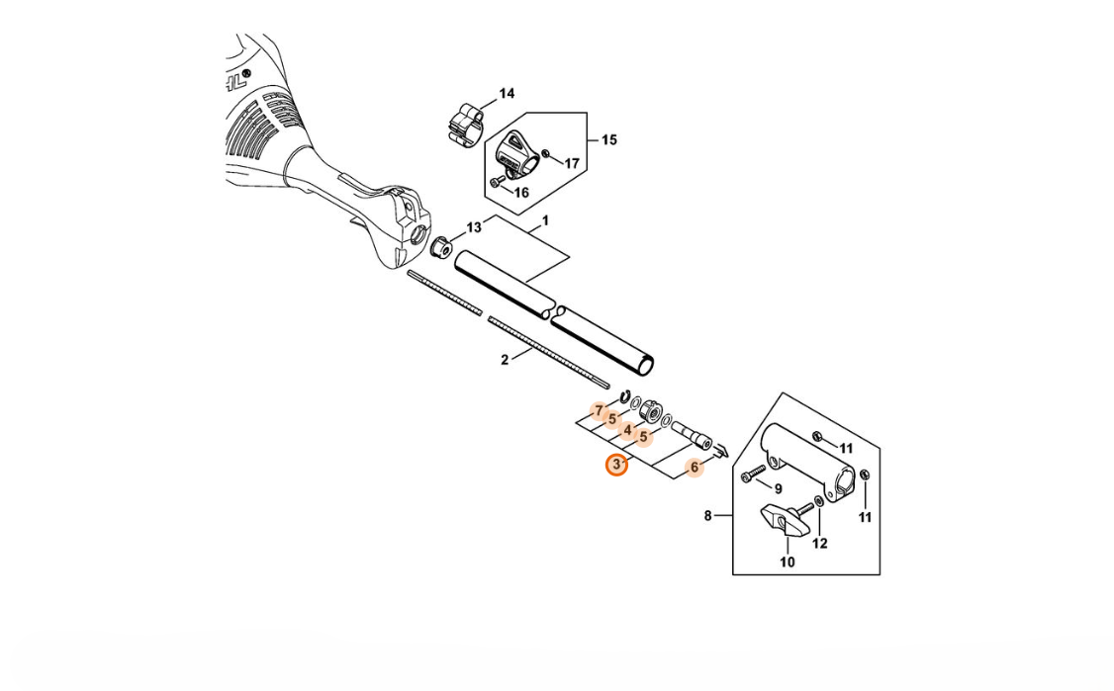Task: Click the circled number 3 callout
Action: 616,466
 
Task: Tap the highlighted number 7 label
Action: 599,411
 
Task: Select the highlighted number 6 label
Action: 695,468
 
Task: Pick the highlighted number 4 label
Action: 627,430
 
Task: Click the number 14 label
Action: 507,94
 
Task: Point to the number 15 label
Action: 609,140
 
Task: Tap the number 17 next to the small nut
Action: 572,163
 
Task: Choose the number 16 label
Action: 520,193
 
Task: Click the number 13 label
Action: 474,227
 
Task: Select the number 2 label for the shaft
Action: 505,360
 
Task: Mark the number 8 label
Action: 707,516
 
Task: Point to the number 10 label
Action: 788,562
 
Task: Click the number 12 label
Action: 820,544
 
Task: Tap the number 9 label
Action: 778,489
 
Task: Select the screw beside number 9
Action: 753,474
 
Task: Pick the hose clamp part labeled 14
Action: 467,125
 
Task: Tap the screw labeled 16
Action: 496,183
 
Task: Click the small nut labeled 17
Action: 546,153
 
